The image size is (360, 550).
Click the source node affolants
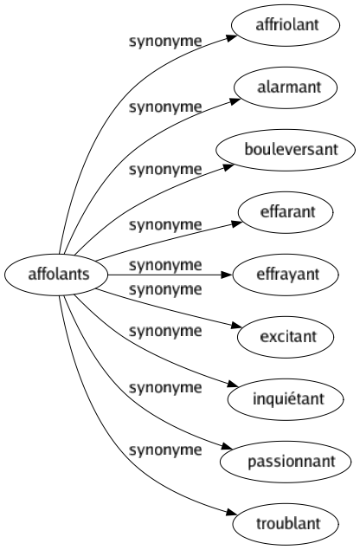[56, 275]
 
